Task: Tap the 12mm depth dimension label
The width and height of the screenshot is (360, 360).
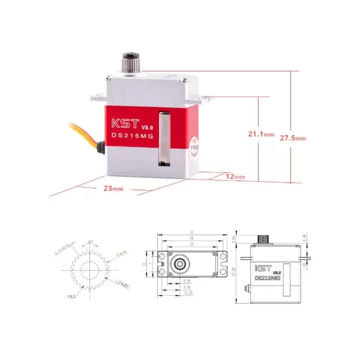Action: click(236, 177)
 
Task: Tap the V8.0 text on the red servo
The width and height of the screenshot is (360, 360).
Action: click(147, 127)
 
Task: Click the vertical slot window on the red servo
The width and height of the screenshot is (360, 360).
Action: click(162, 137)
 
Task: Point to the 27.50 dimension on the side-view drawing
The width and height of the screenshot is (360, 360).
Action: click(235, 271)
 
